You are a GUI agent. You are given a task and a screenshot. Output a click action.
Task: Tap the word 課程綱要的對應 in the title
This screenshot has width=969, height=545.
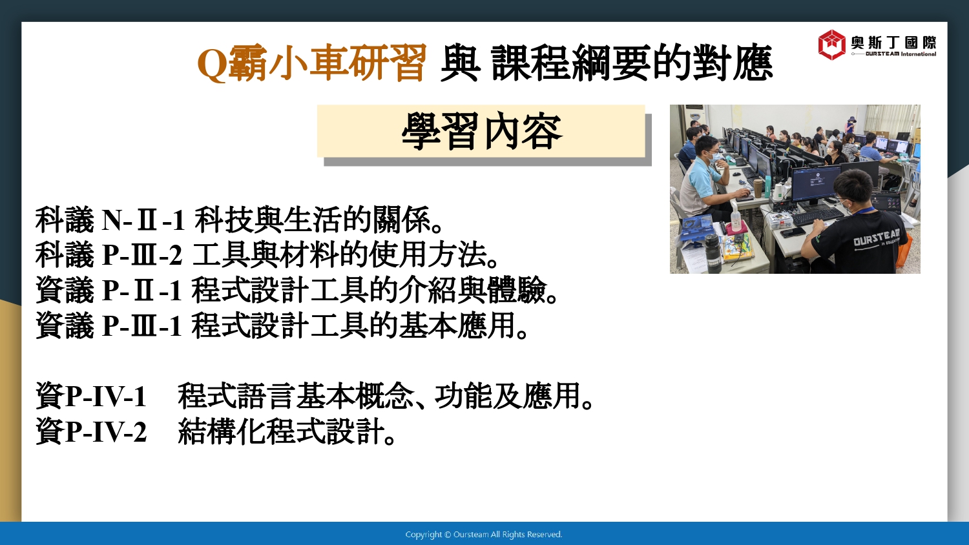[632, 63]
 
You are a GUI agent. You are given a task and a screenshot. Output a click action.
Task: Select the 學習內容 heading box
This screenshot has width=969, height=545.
[481, 131]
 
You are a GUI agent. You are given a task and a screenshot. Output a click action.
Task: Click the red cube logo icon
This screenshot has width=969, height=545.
[831, 45]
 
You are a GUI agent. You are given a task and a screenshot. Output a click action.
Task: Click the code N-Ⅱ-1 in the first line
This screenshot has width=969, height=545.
[143, 220]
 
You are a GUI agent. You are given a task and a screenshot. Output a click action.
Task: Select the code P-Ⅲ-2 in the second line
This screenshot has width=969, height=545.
[142, 255]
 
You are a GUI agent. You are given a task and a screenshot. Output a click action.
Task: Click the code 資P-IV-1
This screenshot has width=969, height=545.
[91, 395]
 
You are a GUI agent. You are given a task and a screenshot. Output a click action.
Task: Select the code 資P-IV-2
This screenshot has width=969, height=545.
[91, 431]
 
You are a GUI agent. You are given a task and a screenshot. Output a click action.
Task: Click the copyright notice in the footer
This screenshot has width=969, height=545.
[484, 535]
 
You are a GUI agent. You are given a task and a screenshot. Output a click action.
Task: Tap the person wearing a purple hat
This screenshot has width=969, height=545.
[851, 124]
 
